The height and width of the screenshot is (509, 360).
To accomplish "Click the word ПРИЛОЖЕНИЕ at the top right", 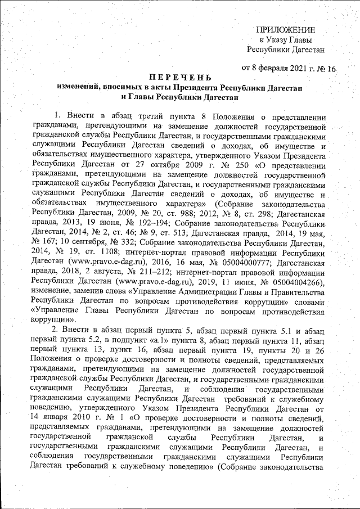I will point(286,29).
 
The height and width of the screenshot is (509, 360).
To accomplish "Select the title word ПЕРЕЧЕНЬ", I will point(180,78).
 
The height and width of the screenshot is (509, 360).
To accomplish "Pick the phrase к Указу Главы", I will point(285,39).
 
